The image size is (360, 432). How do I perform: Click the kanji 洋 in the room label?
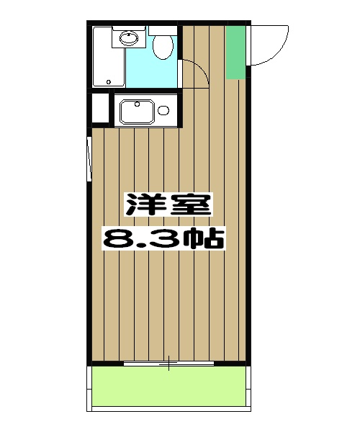(143, 207)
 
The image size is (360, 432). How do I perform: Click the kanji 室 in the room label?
(193, 207)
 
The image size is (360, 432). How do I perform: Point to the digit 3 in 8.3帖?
(163, 238)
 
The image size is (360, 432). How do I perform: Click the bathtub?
(109, 66)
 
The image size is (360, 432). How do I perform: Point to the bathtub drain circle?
(109, 81)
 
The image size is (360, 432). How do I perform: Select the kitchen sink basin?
(137, 112)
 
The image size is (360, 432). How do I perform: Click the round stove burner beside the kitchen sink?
(163, 111)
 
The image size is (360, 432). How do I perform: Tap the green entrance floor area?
(235, 52)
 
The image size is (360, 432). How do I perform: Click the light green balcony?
(169, 389)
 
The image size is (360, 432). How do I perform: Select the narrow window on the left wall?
(89, 160)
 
